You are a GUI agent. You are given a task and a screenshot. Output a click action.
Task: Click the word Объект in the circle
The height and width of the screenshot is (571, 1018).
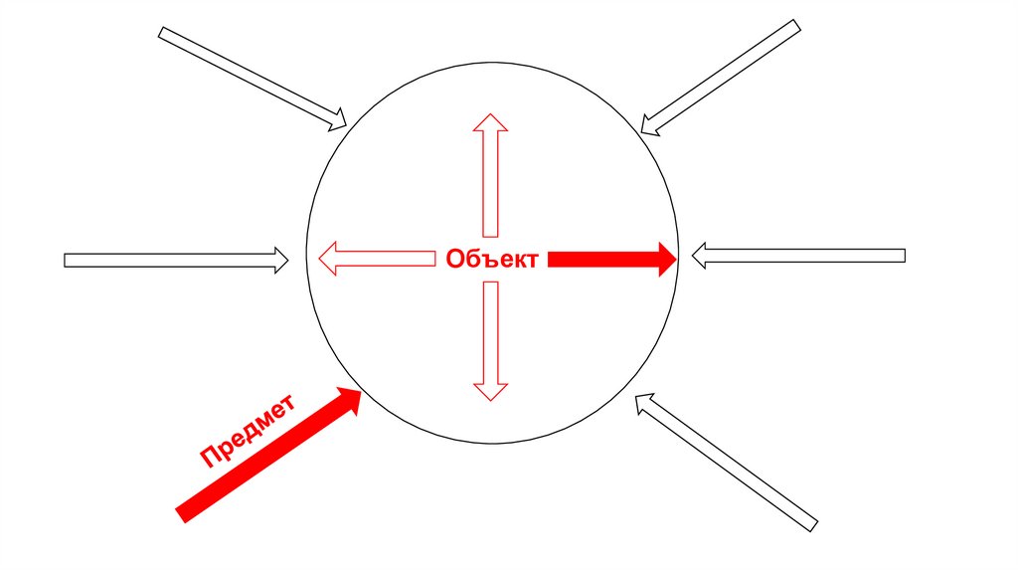(x=492, y=260)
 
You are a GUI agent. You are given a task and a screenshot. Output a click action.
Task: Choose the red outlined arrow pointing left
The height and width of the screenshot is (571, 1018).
(x=378, y=259)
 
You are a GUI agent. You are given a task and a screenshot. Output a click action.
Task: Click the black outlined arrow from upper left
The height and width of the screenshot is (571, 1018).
(x=253, y=78)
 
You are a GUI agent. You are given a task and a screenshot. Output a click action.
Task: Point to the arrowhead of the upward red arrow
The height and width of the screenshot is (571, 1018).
(x=489, y=122)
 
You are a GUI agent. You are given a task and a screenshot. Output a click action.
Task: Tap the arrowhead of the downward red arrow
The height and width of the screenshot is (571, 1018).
(x=489, y=391)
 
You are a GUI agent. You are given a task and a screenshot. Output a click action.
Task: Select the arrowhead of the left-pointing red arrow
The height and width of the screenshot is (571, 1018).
(x=329, y=259)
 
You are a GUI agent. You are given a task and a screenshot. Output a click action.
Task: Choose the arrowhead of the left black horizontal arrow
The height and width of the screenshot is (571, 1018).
(x=280, y=261)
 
